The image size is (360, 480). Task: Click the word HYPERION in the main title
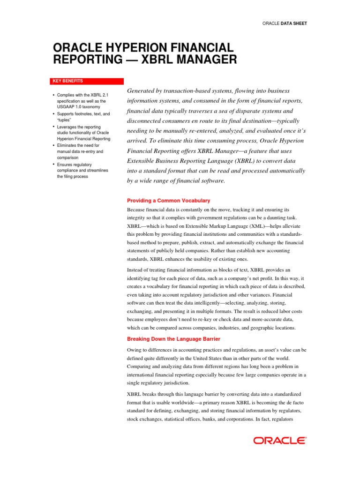122,47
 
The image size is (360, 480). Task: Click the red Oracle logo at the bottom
280,440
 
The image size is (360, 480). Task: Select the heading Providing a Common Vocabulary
169,201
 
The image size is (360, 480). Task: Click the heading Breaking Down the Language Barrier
173,339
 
